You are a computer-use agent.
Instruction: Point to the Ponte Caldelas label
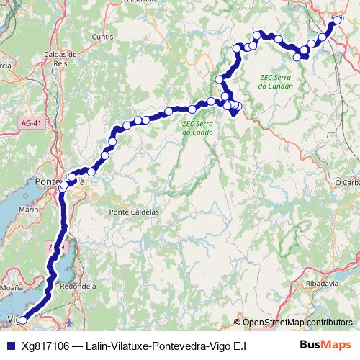[x=132, y=212]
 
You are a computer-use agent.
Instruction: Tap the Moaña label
[x=13, y=287]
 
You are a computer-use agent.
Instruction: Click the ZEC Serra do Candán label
[x=277, y=81]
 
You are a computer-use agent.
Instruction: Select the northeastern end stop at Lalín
[x=336, y=21]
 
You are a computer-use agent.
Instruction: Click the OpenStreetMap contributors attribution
[x=297, y=323]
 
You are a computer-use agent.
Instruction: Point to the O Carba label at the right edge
[x=347, y=183]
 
